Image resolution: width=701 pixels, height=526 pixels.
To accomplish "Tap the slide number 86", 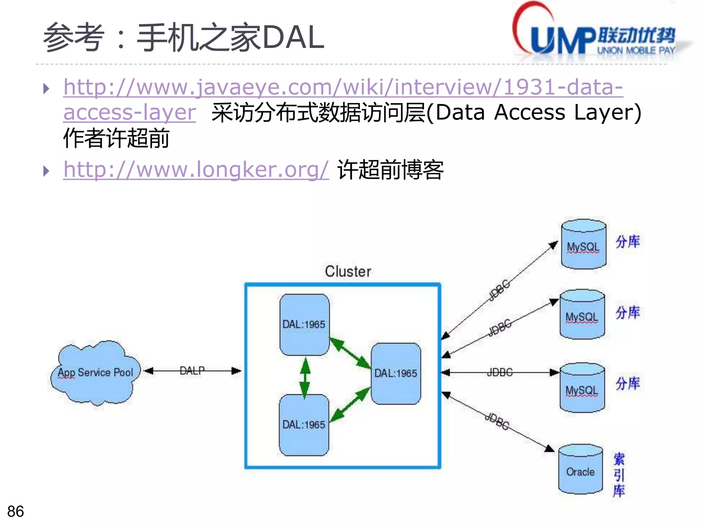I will [15, 511].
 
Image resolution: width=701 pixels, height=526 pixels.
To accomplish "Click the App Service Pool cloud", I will [95, 372].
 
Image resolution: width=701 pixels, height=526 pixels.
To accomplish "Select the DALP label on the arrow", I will [192, 370].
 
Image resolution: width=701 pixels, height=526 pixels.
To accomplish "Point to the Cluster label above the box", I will [348, 271].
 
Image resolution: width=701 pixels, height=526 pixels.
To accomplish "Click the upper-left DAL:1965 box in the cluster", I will [304, 324].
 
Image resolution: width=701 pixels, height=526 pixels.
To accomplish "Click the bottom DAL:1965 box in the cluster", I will [304, 424].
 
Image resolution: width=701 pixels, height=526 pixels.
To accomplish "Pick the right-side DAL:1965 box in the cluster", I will [396, 373].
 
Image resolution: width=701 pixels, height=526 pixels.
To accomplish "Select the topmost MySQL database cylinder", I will [583, 245].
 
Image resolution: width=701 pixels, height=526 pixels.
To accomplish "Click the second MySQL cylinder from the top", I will [582, 315].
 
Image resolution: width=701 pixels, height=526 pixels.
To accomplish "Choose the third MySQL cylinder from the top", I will [582, 388].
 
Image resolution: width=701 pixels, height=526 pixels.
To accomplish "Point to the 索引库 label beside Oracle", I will [619, 475].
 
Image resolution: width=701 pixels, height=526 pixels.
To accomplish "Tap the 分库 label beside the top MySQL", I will [627, 241].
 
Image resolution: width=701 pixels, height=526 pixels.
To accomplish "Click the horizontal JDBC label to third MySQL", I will [500, 372].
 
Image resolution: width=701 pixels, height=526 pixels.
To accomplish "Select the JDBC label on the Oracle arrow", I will [497, 421].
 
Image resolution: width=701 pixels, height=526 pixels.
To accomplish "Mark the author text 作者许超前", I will [116, 138].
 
